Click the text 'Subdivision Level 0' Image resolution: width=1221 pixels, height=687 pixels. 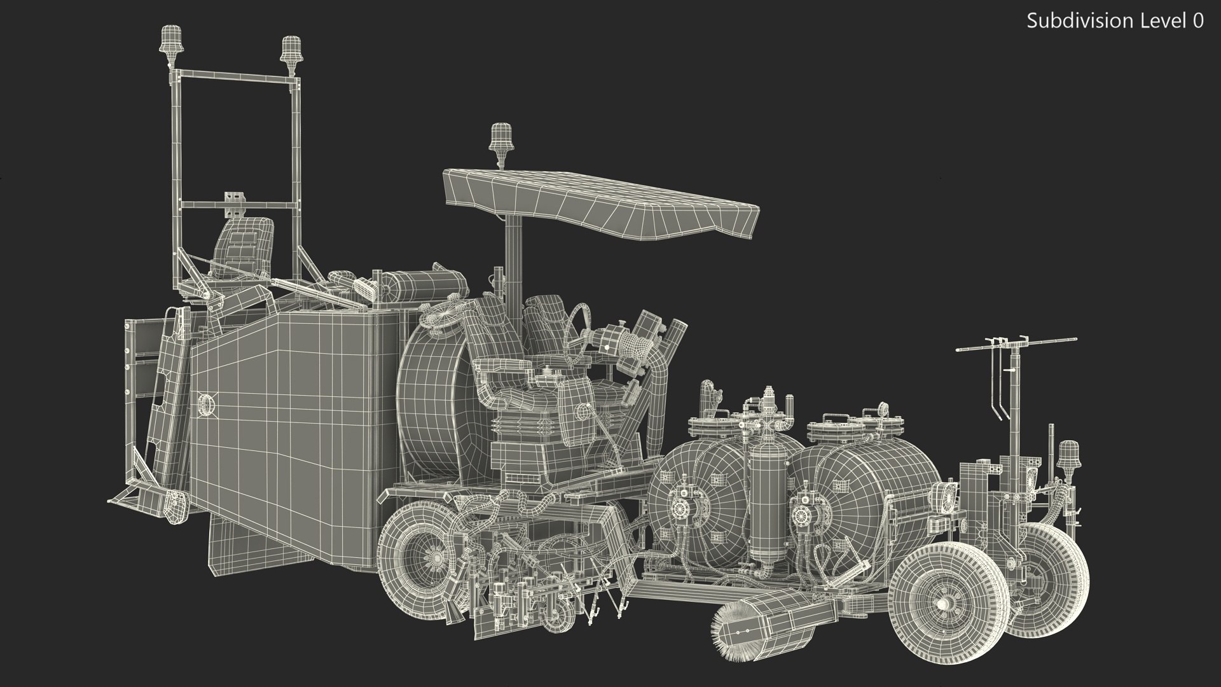(1115, 21)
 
